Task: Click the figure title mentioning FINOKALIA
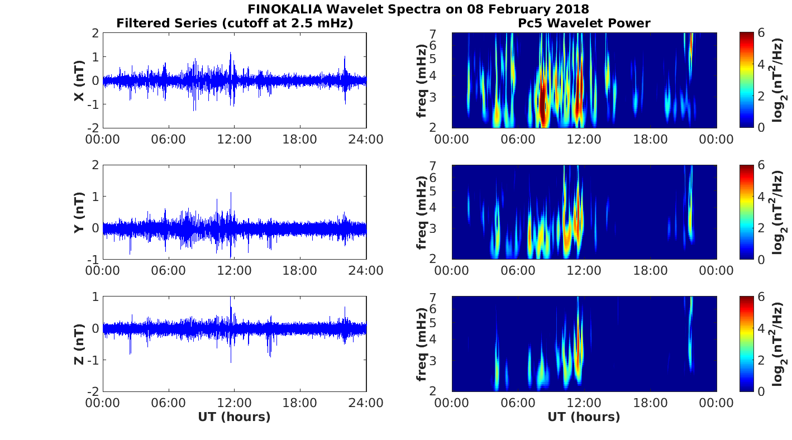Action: point(418,9)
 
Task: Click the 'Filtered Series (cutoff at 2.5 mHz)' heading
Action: point(235,23)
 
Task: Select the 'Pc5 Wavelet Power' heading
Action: point(584,23)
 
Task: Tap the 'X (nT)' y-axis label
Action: point(79,80)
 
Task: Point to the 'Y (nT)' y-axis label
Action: point(79,212)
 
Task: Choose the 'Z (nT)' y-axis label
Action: point(79,344)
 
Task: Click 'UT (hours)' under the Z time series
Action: point(234,417)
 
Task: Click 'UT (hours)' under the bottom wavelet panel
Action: point(584,417)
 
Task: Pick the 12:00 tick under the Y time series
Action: point(234,271)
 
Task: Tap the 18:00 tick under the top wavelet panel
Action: point(650,139)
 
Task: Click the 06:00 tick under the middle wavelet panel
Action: point(518,271)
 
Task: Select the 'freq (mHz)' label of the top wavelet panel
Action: point(422,80)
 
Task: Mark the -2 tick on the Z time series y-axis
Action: point(94,391)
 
